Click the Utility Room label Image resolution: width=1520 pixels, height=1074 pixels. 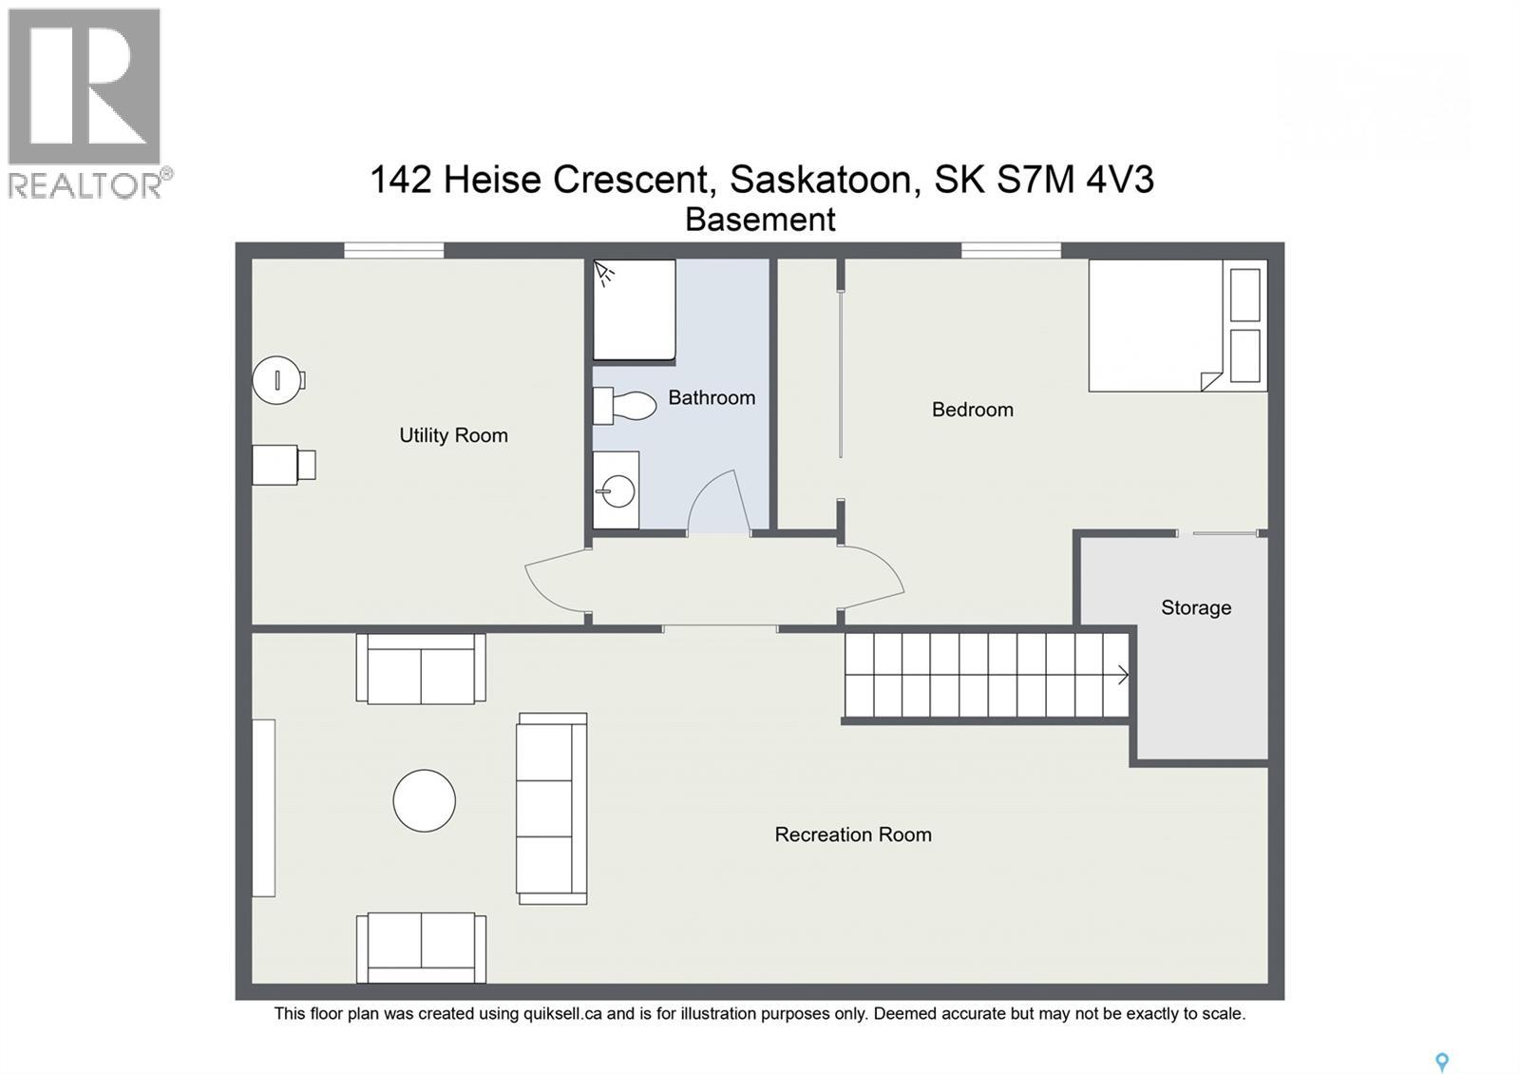tap(453, 435)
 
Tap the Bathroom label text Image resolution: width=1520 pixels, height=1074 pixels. tap(712, 397)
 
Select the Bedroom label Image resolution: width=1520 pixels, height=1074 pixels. tap(972, 410)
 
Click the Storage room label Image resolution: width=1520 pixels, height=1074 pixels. tap(1195, 607)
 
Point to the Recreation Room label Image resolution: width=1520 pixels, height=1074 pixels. tap(852, 834)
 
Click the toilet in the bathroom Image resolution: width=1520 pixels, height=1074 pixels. tap(627, 406)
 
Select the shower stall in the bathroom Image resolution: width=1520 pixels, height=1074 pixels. tap(634, 310)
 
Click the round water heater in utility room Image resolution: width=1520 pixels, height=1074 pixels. tap(276, 379)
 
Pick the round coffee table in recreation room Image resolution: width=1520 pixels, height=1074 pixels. tap(425, 800)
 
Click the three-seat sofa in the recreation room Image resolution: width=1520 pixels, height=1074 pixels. tap(551, 808)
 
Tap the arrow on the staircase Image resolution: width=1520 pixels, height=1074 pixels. tap(1122, 675)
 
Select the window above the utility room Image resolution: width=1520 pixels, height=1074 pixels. tap(393, 250)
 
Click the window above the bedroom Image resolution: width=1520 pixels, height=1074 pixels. tap(1011, 250)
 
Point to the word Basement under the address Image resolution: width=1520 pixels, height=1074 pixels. tap(760, 220)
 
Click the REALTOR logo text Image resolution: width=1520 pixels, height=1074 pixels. tap(85, 184)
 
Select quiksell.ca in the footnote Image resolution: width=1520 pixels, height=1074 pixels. tap(562, 1013)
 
